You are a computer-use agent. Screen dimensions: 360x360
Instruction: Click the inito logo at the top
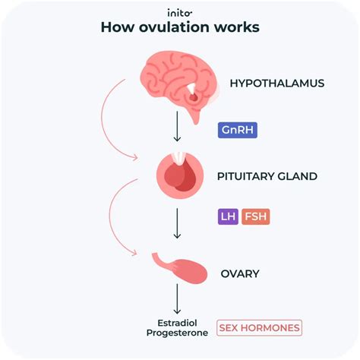click(179, 11)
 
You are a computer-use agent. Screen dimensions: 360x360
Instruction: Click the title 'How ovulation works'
click(179, 27)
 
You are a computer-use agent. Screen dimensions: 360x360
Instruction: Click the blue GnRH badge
click(238, 130)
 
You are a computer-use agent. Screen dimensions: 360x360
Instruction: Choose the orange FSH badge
click(256, 216)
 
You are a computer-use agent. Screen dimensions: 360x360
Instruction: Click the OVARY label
click(241, 273)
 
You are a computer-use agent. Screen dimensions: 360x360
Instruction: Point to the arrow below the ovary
click(177, 298)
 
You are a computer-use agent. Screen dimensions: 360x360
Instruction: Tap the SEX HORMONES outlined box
click(260, 328)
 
